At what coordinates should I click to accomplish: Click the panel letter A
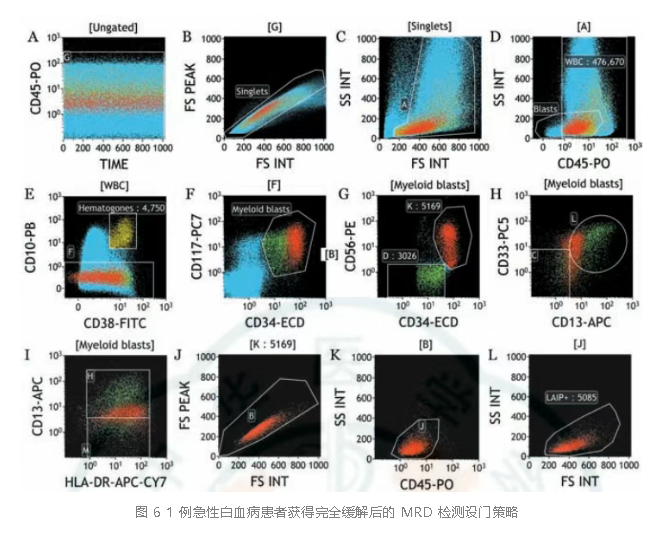[35, 38]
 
